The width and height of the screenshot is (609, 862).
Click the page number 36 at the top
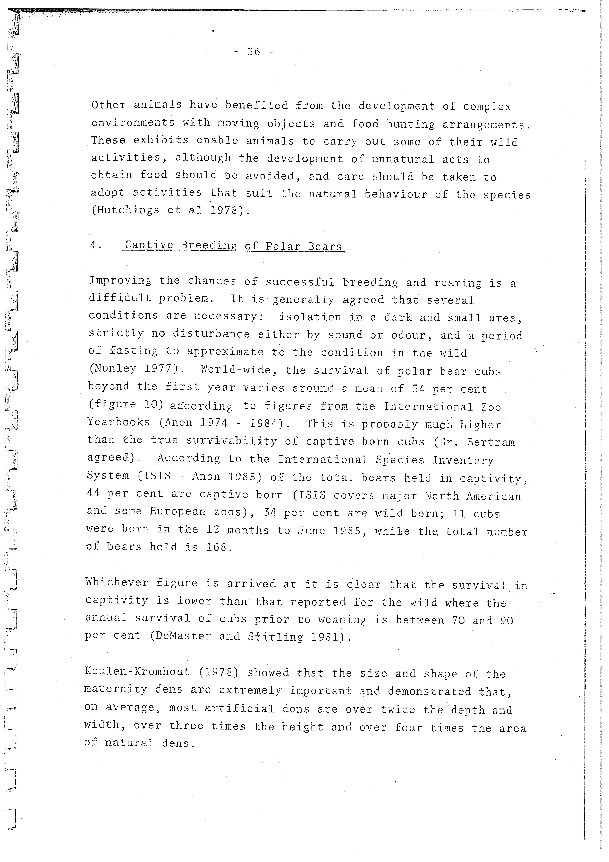[254, 51]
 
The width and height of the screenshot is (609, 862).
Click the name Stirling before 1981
[275, 637]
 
